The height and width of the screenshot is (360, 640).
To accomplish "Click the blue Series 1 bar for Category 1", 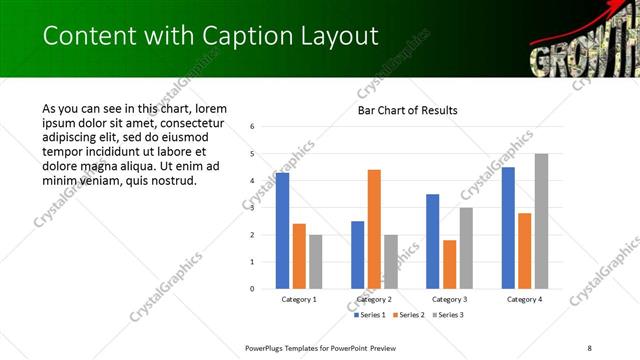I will [x=282, y=231].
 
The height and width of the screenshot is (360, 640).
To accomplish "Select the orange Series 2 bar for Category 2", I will [x=374, y=229].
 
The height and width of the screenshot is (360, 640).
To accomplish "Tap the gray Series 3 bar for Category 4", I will [x=541, y=221].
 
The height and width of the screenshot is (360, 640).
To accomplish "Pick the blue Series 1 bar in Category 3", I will [x=432, y=241].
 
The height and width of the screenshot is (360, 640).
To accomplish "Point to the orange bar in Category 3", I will [x=449, y=264].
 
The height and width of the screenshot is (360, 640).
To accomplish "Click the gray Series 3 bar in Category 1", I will [x=316, y=262].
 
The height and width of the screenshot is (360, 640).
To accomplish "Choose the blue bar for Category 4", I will [x=508, y=228].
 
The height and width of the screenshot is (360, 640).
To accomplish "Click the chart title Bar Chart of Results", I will [x=407, y=110].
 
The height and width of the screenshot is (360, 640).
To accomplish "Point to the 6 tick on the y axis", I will [x=253, y=127].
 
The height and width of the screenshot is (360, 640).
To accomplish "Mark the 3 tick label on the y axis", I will [x=253, y=208].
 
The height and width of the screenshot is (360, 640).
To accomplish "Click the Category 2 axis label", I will [x=374, y=299].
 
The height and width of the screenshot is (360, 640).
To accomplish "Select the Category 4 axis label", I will [x=524, y=299].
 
